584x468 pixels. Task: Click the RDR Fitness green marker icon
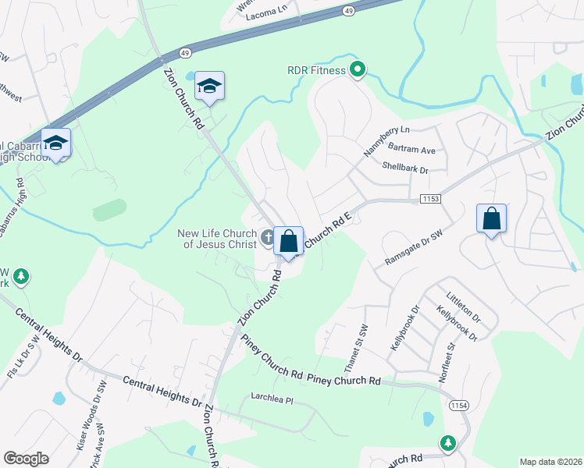click(x=358, y=71)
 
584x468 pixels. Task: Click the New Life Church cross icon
click(x=268, y=237)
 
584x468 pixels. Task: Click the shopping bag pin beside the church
click(x=289, y=241)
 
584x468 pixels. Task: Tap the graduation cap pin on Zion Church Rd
click(x=209, y=87)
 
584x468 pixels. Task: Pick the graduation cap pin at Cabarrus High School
click(x=55, y=144)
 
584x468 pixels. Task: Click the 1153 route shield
click(x=429, y=199)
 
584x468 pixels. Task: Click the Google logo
click(x=26, y=459)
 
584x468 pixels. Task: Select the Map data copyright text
click(x=550, y=462)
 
